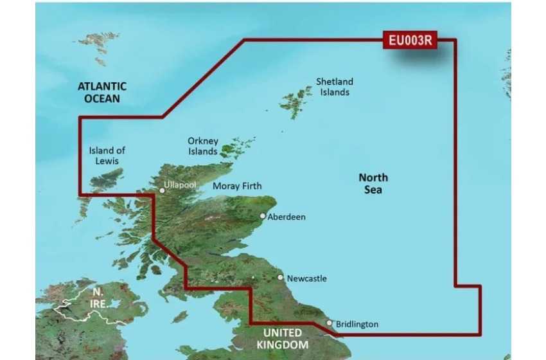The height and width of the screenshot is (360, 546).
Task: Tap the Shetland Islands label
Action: pyautogui.click(x=334, y=87)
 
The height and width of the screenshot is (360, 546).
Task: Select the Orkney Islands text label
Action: pyautogui.click(x=202, y=146)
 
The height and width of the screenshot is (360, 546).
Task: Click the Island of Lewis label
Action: pyautogui.click(x=107, y=155)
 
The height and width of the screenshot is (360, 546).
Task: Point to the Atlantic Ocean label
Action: pyautogui.click(x=101, y=92)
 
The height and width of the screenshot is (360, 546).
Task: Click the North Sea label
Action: pyautogui.click(x=373, y=183)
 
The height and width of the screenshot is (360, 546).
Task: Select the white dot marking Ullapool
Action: pyautogui.click(x=162, y=190)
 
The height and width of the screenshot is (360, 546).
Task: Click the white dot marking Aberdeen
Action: pyautogui.click(x=262, y=217)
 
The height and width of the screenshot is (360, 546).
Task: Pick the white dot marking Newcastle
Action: pyautogui.click(x=280, y=278)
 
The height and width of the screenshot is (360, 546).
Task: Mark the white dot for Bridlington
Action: pyautogui.click(x=330, y=323)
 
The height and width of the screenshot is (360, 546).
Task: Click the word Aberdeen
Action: pyautogui.click(x=286, y=217)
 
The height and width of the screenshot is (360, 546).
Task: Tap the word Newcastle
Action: pyautogui.click(x=306, y=278)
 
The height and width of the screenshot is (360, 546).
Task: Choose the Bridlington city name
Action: pyautogui.click(x=357, y=325)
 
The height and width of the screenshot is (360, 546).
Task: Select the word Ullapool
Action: pyautogui.click(x=180, y=184)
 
